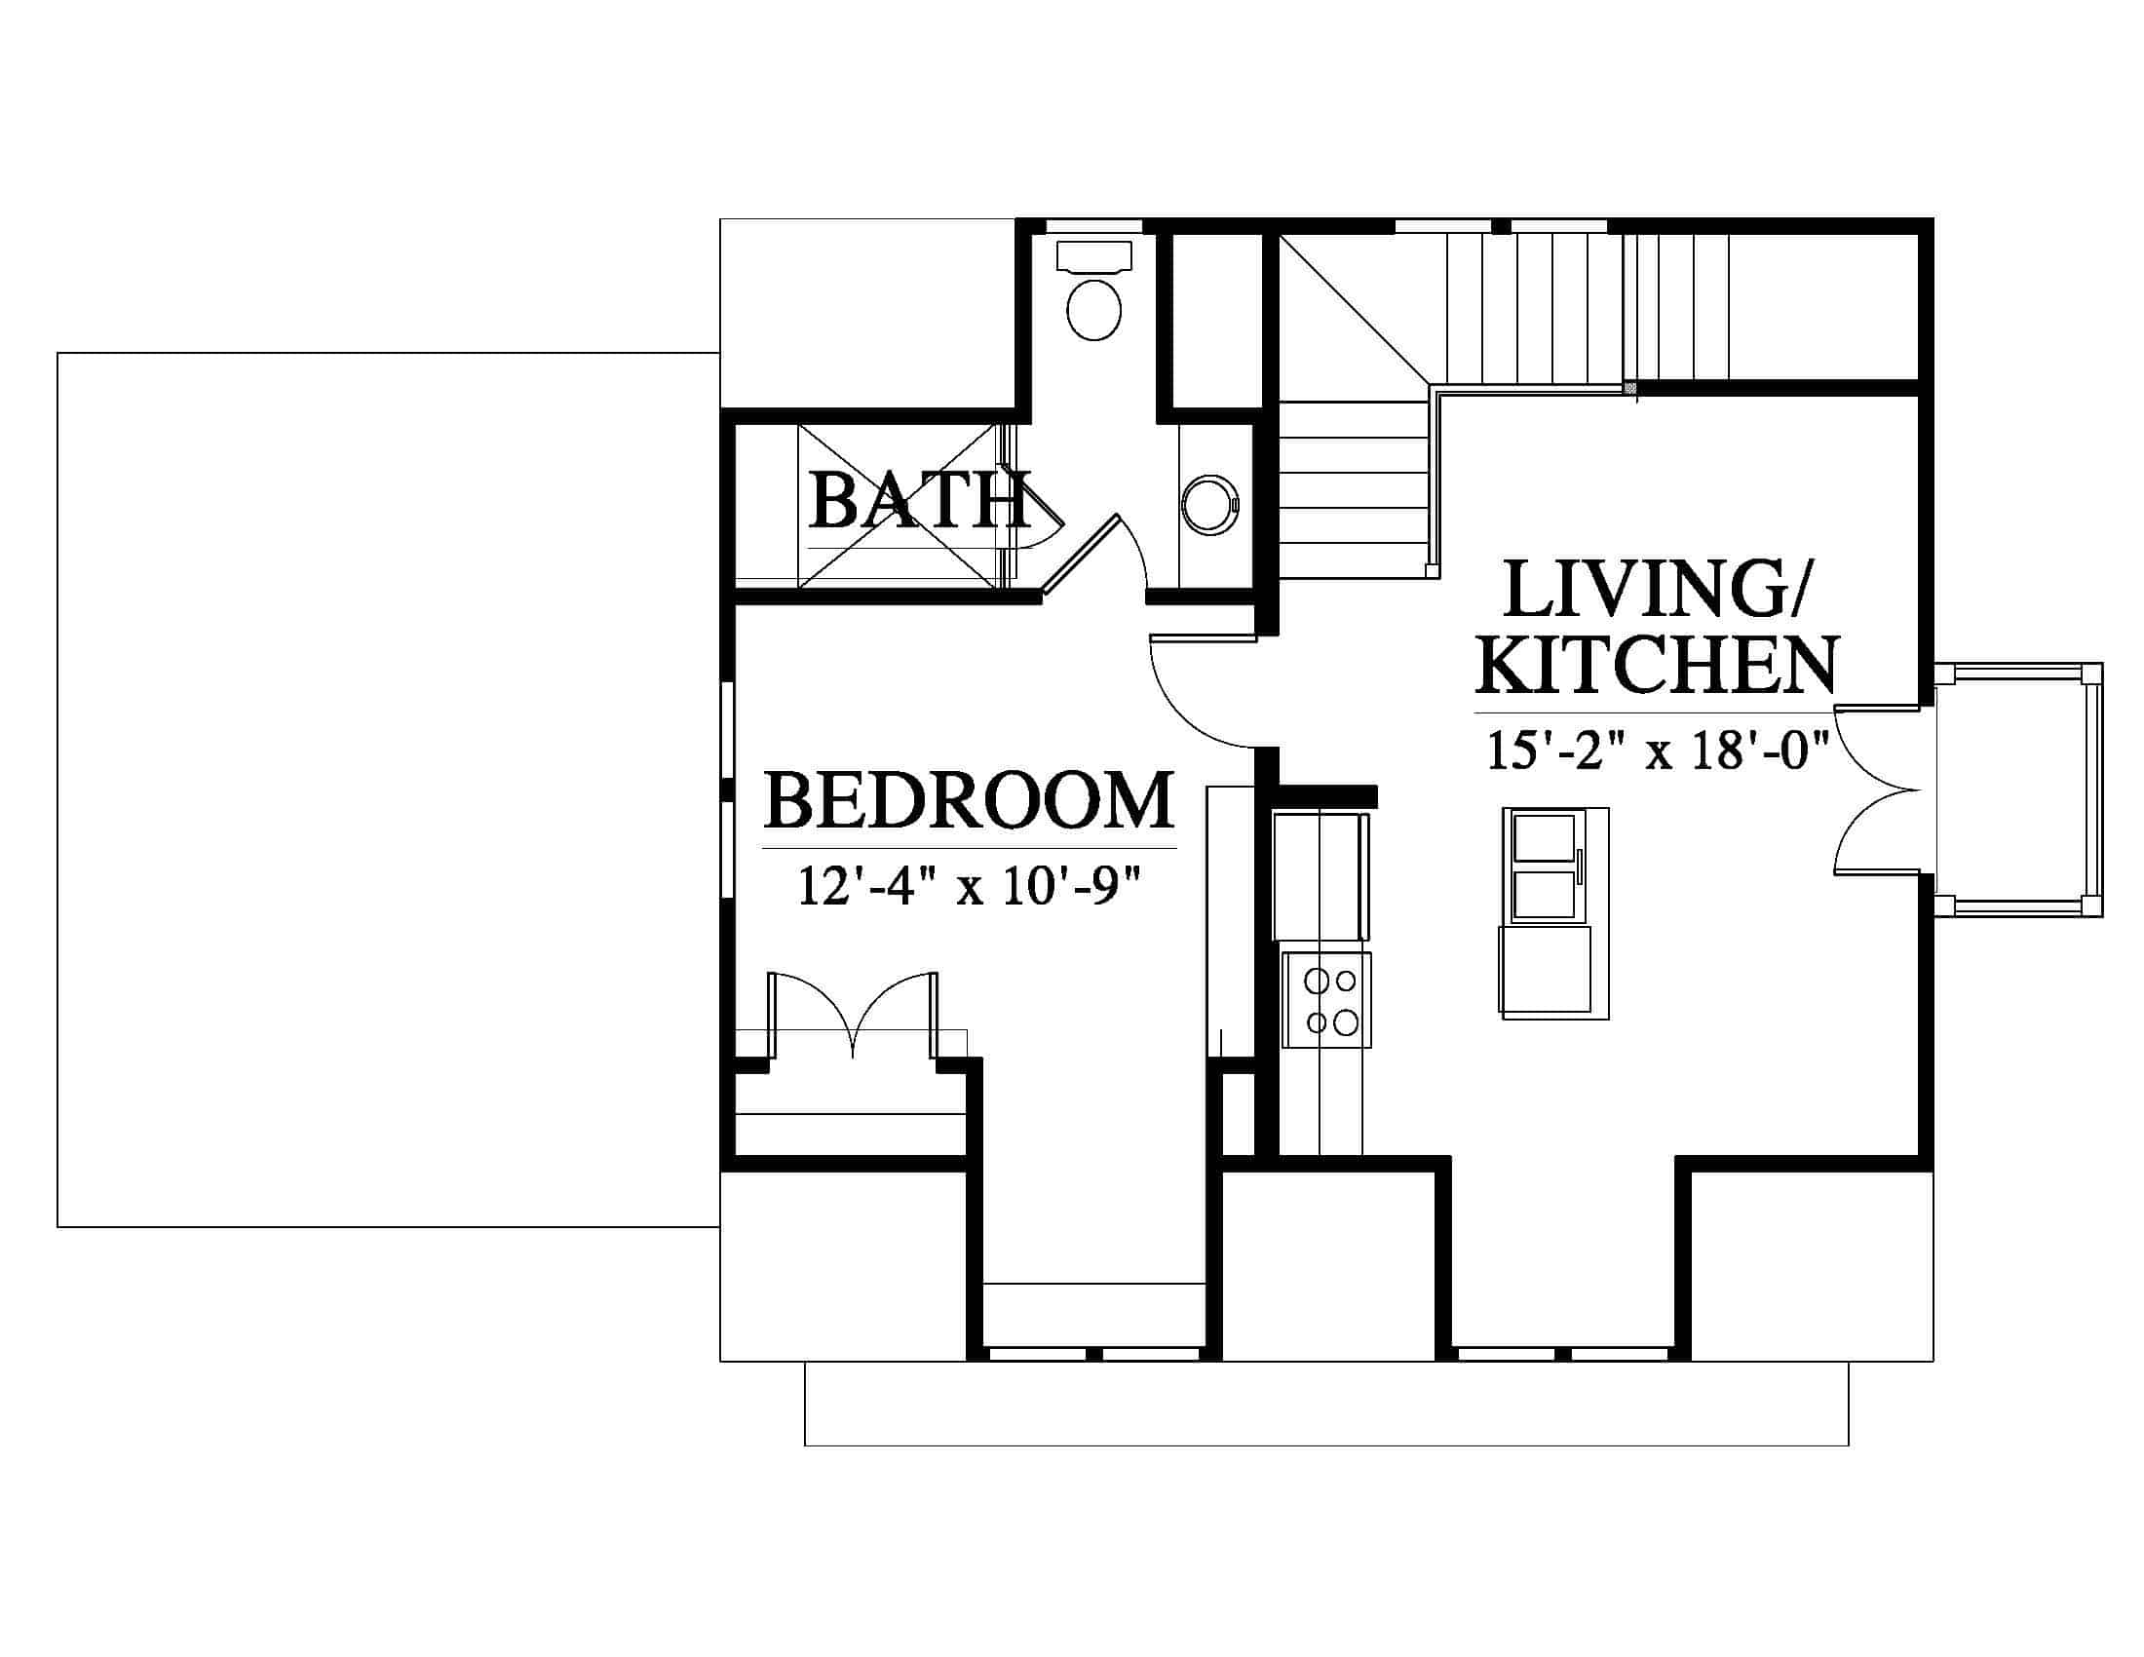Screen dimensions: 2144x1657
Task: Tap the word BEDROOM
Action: click(969, 800)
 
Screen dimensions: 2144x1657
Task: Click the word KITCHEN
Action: click(1656, 665)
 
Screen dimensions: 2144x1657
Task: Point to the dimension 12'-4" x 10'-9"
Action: click(970, 885)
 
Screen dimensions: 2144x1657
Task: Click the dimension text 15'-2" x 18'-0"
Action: click(1658, 751)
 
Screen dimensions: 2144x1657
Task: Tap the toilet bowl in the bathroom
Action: click(1093, 309)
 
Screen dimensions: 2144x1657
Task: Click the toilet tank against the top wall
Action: click(1093, 256)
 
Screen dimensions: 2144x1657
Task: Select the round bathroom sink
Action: click(1210, 506)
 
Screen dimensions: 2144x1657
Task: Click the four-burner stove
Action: click(1326, 1000)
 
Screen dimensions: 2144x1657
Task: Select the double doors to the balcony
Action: click(1877, 790)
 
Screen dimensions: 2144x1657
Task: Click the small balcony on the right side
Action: click(2018, 790)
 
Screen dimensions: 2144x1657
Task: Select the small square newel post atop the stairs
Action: click(1630, 389)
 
